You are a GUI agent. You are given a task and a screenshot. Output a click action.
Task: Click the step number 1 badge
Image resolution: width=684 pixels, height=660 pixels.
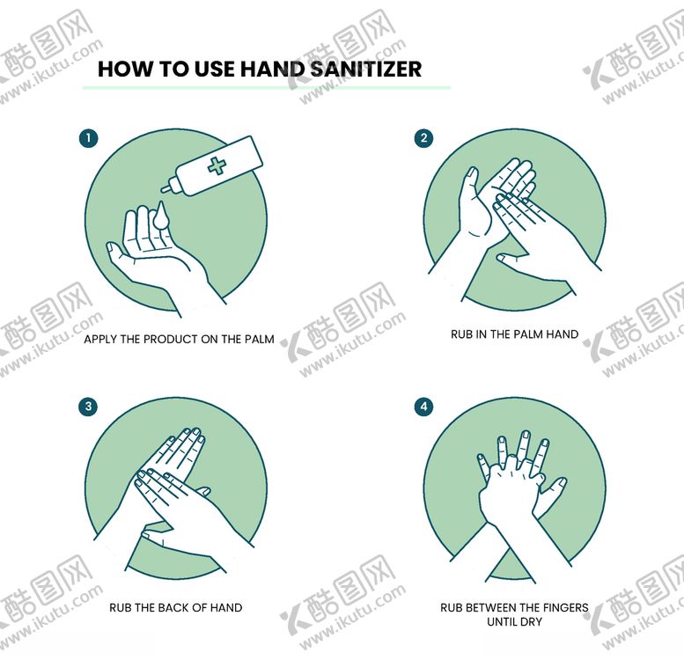point(88,139)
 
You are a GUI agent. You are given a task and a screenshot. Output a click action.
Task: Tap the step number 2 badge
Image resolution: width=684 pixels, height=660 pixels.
point(423,139)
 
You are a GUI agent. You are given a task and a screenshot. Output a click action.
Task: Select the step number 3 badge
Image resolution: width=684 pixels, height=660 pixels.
point(88,407)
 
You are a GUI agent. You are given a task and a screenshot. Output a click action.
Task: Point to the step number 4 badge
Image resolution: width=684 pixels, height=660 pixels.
point(423,407)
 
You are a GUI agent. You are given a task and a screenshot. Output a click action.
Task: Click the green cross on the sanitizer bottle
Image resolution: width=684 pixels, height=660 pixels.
point(217,166)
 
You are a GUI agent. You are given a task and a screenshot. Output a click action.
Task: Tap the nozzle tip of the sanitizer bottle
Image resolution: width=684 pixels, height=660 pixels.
point(162,189)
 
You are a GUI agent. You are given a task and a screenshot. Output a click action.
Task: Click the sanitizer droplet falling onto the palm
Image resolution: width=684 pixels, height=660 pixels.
point(160,215)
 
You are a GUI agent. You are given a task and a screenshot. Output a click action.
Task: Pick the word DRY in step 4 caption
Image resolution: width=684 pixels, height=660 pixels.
point(532,621)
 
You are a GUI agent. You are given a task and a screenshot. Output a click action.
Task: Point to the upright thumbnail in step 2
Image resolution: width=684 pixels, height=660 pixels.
point(472,172)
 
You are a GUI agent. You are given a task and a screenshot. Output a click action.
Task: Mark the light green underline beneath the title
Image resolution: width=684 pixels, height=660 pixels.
point(267,88)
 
